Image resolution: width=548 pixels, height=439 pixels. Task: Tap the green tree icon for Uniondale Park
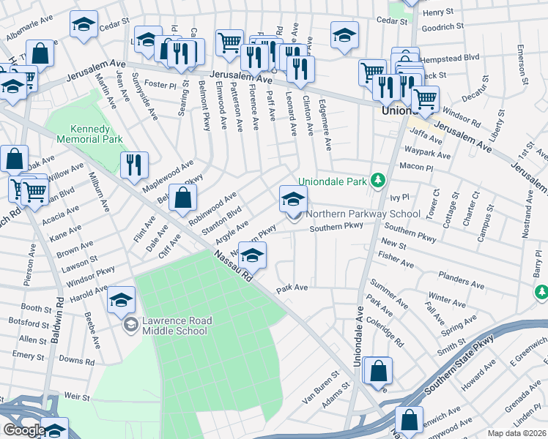coord(378,180)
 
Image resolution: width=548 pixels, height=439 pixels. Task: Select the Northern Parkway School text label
coord(363,214)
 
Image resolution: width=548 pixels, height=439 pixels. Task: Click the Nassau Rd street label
coord(234,267)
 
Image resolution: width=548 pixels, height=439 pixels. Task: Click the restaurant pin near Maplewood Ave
coord(134,165)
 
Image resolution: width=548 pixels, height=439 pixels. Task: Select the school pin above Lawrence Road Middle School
coord(122,299)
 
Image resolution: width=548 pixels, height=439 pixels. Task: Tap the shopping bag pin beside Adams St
coord(378,370)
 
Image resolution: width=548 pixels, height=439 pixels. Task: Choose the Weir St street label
coord(76,397)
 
